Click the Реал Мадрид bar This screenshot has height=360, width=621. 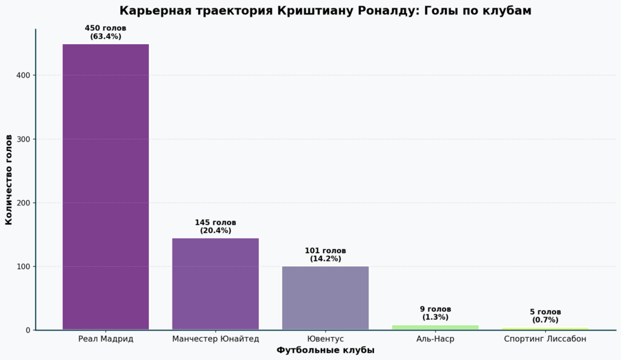(x=106, y=186)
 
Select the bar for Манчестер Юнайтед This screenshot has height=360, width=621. (x=215, y=283)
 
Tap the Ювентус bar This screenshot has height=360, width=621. (x=325, y=297)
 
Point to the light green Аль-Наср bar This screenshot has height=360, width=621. (x=435, y=327)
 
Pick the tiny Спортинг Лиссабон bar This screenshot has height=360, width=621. (x=545, y=328)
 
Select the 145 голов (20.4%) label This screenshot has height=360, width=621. (x=215, y=227)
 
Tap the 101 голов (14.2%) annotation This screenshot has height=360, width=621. (x=325, y=254)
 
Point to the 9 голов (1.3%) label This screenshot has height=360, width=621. (x=435, y=313)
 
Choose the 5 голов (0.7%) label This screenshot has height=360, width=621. (x=545, y=316)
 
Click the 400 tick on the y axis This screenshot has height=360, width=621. (x=23, y=75)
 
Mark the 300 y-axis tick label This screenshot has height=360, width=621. (x=23, y=139)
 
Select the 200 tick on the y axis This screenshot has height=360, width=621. (x=23, y=203)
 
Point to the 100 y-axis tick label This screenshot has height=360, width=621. (x=23, y=266)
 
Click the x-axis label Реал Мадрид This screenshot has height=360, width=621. (x=106, y=339)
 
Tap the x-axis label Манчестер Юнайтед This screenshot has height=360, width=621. (x=215, y=339)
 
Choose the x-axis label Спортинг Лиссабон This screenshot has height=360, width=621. (x=545, y=339)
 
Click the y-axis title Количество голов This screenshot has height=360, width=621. (x=9, y=180)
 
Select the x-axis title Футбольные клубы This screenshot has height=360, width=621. (x=325, y=350)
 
